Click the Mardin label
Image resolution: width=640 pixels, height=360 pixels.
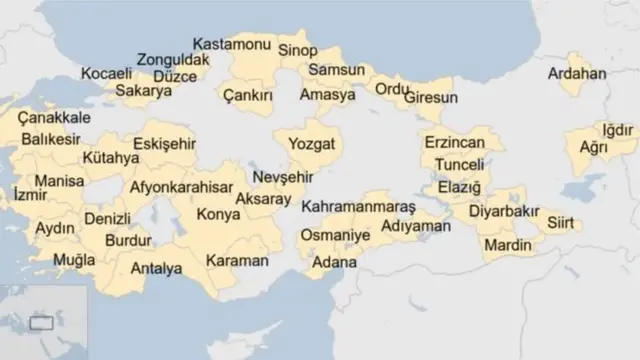point(508,244)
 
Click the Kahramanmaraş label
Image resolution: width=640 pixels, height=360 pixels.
point(357,206)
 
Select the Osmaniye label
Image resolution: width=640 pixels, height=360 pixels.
point(333,236)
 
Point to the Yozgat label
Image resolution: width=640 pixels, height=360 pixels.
point(313,144)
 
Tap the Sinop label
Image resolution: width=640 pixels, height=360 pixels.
point(297,50)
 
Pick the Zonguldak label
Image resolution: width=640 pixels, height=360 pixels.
point(173,60)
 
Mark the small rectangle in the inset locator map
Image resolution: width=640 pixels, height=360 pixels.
point(41,323)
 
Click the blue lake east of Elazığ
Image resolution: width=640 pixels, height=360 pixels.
point(583,191)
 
